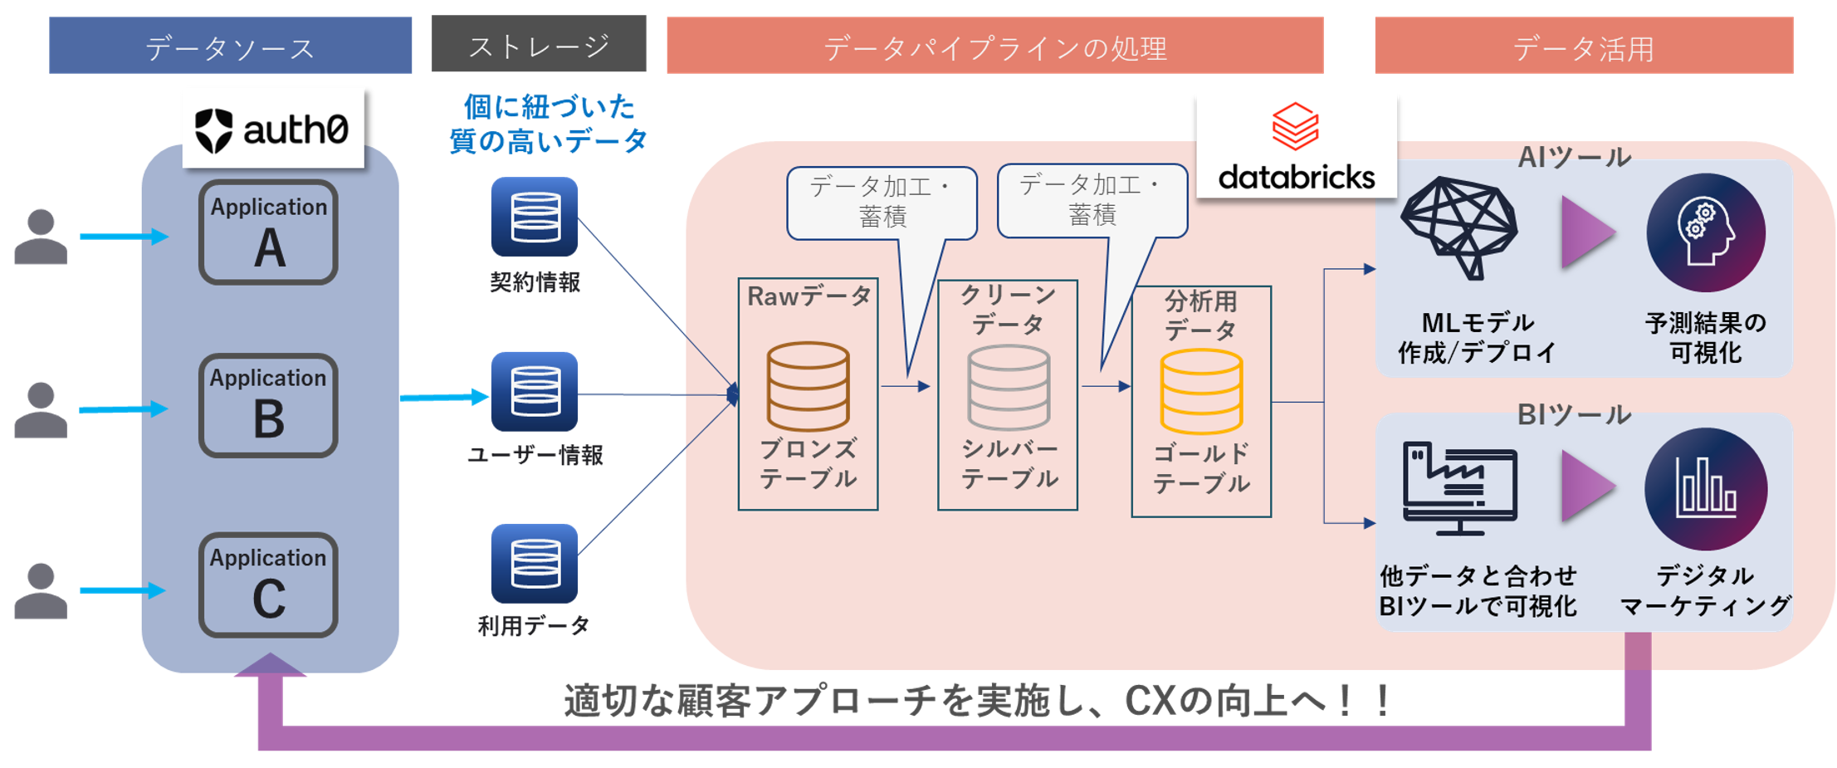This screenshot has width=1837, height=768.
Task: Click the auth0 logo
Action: tap(272, 130)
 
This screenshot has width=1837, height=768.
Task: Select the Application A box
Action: tap(268, 232)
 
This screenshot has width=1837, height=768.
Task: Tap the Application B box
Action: tap(268, 405)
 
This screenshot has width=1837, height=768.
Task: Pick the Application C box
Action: tap(268, 585)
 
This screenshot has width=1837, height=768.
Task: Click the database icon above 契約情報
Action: tap(535, 217)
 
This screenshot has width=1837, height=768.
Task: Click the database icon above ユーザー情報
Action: tap(535, 391)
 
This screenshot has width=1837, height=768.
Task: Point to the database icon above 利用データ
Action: tap(535, 563)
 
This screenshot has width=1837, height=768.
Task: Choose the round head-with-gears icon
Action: tap(1706, 232)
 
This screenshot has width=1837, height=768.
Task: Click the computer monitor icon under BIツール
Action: tap(1459, 488)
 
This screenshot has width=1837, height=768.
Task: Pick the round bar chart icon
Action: tap(1706, 489)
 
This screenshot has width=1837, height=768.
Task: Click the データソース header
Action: tap(230, 47)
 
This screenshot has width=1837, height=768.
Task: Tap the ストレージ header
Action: tap(539, 45)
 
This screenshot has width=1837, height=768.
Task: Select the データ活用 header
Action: tap(1584, 47)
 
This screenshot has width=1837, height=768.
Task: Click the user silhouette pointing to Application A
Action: tap(41, 237)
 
